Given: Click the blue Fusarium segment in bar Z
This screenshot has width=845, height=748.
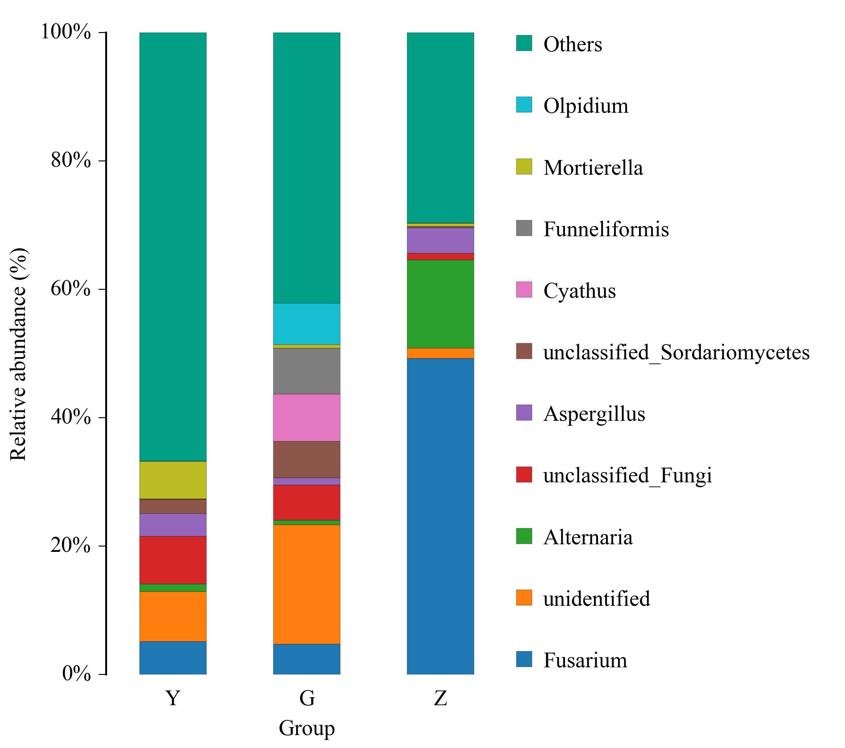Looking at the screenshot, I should (x=440, y=516).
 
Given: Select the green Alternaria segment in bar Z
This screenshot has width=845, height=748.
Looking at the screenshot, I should (x=440, y=304).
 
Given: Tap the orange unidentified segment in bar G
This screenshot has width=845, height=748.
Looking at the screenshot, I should (x=306, y=584).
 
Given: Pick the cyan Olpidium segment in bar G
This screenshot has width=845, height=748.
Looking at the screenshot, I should (x=306, y=324).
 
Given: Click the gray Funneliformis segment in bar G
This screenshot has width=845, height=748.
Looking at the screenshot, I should (x=306, y=371).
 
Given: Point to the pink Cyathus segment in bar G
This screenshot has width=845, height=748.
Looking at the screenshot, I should (x=306, y=417).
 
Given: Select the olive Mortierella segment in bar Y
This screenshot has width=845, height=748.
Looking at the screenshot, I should (x=173, y=480).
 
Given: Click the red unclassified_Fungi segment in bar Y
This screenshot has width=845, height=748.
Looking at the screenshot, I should (x=173, y=560).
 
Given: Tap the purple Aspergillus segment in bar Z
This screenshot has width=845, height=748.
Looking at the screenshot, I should (x=440, y=240).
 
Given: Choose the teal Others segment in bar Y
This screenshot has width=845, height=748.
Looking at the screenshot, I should (x=173, y=247).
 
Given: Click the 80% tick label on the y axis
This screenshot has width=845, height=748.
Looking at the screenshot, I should (x=71, y=160).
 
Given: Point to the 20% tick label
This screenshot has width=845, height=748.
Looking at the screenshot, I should (x=71, y=546).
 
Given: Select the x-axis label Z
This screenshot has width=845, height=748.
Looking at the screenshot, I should (x=440, y=698).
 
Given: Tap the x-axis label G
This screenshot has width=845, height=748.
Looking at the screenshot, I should (x=307, y=698).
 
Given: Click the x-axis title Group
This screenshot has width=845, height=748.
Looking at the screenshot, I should (x=306, y=728).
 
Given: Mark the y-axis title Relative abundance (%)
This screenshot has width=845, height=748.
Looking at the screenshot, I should (x=19, y=354).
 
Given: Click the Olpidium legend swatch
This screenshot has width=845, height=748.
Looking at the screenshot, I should (x=524, y=105).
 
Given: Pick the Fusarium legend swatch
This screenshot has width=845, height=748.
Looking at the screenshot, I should (x=524, y=659).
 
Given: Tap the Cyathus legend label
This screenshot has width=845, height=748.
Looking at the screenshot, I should (x=579, y=291).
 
